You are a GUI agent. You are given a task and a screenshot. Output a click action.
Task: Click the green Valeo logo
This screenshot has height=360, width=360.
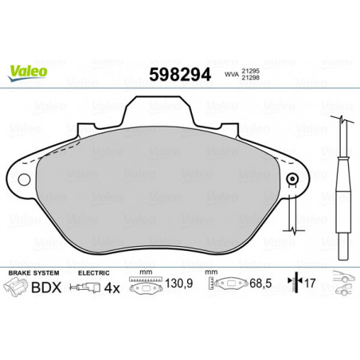[x=28, y=72]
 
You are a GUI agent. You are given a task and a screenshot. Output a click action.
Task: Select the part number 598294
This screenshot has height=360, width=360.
[x=180, y=75]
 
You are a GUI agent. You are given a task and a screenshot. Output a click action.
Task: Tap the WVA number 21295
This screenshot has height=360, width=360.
[x=250, y=72]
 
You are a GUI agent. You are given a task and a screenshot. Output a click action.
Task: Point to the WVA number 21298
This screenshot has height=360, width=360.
[x=250, y=77]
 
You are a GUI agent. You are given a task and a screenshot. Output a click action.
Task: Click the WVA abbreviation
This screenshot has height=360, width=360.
[x=232, y=75]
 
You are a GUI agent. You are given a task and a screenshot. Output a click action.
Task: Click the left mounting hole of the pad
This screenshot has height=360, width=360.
[x=24, y=180]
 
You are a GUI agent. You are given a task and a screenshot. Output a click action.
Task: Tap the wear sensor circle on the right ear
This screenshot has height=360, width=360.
[x=292, y=179]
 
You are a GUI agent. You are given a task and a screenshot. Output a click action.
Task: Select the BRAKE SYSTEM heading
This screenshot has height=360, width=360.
[x=33, y=273]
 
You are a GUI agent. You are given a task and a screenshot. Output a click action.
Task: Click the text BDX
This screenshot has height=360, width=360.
[x=46, y=288]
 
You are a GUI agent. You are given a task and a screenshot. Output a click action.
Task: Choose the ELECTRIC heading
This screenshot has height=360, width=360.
[x=94, y=273]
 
